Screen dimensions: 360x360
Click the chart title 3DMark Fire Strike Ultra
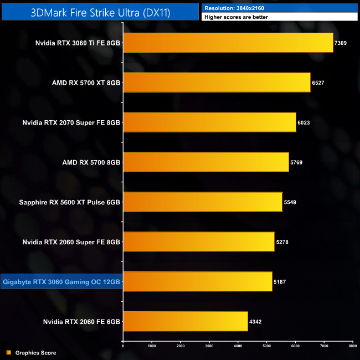[x=100, y=11]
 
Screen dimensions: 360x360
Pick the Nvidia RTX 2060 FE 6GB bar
[x=185, y=321]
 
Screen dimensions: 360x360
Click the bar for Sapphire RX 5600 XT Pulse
[x=202, y=202]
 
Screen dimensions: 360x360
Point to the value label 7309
[x=341, y=43]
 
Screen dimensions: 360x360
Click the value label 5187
[x=280, y=282]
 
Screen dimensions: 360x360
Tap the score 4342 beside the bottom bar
[x=255, y=322]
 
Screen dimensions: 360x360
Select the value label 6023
[x=304, y=122]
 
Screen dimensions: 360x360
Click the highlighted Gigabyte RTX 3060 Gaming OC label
[x=61, y=282]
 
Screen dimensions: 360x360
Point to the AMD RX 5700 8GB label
[x=86, y=162]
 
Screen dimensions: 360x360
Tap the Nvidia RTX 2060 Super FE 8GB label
[x=71, y=242]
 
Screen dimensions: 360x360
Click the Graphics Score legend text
[x=35, y=353]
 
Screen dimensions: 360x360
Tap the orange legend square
[x=8, y=353]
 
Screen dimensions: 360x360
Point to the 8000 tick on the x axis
[x=352, y=346]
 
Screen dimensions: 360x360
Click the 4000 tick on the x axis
[x=238, y=346]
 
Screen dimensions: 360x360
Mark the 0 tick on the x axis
[x=123, y=346]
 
